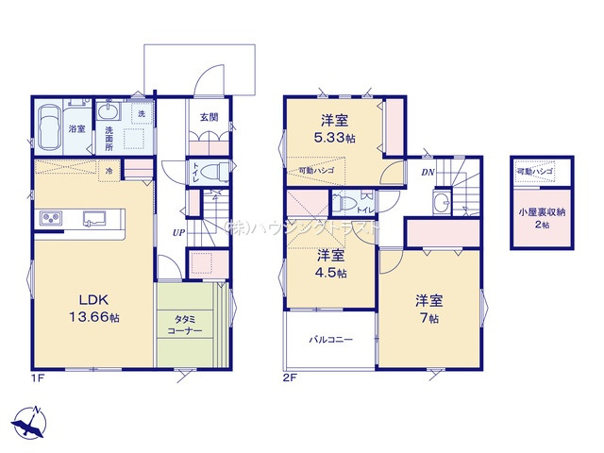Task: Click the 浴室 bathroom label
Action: coord(77,129)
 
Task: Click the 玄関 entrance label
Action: coord(210,117)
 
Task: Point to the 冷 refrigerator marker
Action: coord(109,171)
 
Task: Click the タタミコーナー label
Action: coord(191,327)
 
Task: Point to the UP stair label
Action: coord(177,232)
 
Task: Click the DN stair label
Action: coord(427,173)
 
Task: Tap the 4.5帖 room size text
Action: coord(330,273)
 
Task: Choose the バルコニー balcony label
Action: coord(330,338)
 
